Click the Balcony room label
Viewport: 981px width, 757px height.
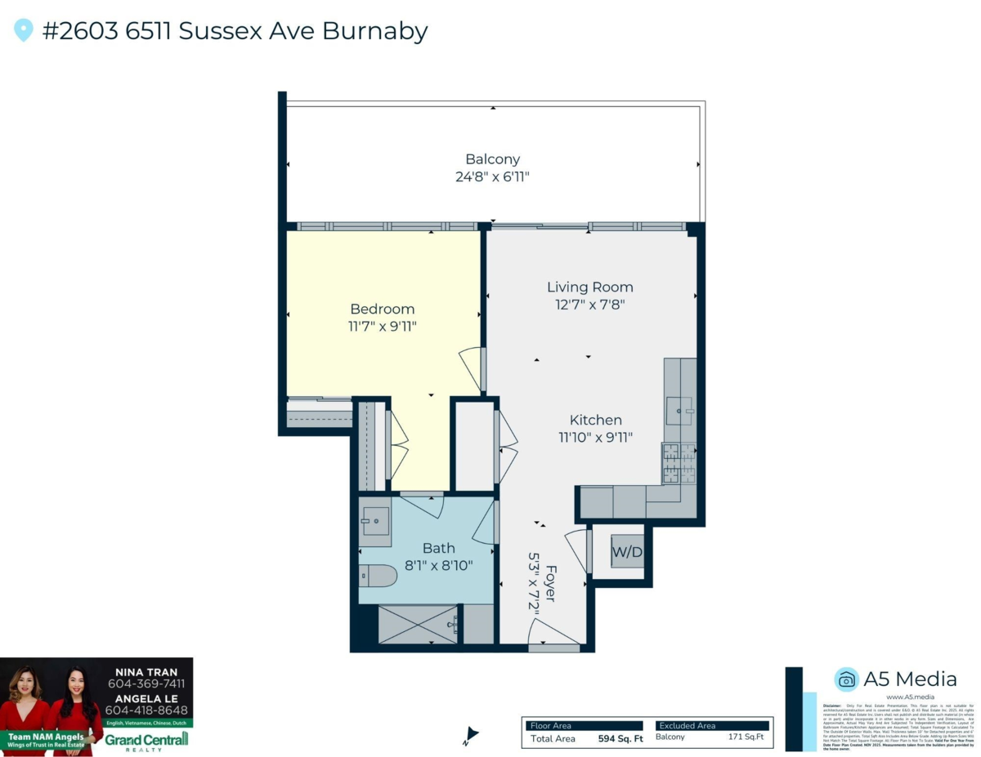tap(492, 159)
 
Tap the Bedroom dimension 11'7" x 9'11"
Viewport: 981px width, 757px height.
tap(382, 327)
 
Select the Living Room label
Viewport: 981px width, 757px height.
tap(589, 287)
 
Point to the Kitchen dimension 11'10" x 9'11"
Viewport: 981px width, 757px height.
tap(596, 437)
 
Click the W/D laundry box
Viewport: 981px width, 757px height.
tap(627, 553)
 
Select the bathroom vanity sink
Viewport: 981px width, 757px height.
tap(376, 520)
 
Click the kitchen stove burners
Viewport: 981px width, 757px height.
tap(679, 463)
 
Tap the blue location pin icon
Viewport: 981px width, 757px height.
tap(24, 31)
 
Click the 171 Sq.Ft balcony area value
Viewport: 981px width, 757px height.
tap(746, 737)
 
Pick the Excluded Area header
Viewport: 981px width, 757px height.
tap(688, 725)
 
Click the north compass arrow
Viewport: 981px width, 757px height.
tap(470, 735)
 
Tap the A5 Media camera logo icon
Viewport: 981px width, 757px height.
tap(846, 679)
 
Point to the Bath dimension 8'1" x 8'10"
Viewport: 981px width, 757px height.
tap(439, 564)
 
